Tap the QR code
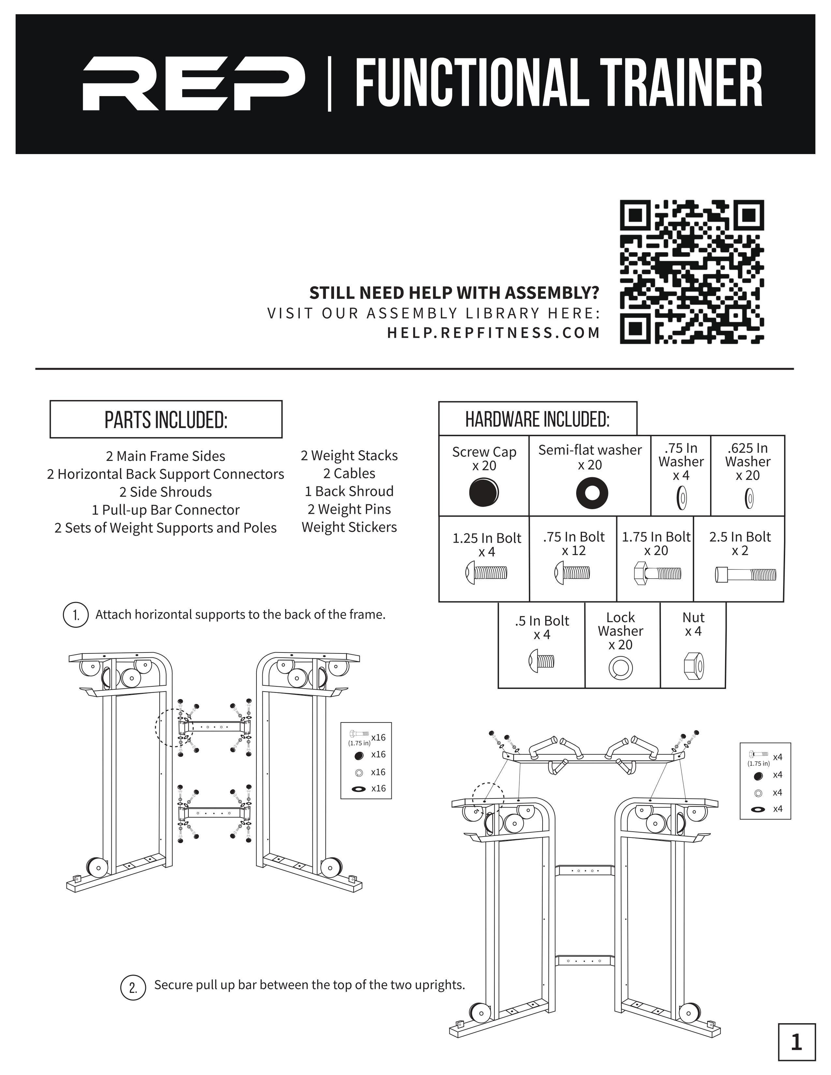tap(692, 272)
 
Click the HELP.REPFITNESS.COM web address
tap(493, 333)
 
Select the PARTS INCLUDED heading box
tap(166, 419)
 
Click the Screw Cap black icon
tap(483, 492)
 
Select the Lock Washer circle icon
tap(620, 667)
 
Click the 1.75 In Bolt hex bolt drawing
tap(657, 573)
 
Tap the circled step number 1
tap(76, 615)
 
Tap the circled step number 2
tap(133, 987)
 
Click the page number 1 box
tap(796, 1042)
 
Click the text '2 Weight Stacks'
tap(349, 455)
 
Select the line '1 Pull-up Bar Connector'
tap(166, 509)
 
